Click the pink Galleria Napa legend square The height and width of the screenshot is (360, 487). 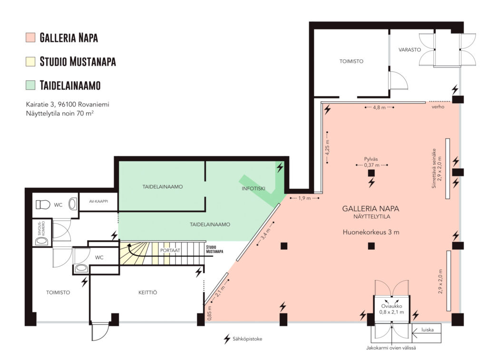tap(30, 37)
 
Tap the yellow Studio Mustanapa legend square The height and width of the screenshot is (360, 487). tap(30, 61)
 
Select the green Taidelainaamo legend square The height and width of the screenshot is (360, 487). tap(30, 85)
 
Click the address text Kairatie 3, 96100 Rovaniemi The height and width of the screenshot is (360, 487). tap(68, 104)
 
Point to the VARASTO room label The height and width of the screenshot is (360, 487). tap(409, 50)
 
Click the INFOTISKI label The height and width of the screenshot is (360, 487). tap(253, 188)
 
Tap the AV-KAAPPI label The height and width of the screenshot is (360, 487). tap(98, 201)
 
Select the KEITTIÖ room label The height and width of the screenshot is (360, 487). tap(147, 292)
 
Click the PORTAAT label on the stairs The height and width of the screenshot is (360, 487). tap(170, 250)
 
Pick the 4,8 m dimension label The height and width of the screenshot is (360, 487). tap(379, 107)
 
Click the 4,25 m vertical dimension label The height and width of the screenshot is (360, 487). tap(327, 147)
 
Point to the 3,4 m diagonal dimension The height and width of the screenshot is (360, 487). tap(266, 234)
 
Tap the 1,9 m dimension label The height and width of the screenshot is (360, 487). tap(304, 198)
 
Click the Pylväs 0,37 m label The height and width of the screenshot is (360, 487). tap(371, 162)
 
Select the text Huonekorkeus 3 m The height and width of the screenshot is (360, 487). tap(371, 232)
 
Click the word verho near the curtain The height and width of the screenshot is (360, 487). tap(438, 107)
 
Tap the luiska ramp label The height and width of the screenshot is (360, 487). tap(428, 330)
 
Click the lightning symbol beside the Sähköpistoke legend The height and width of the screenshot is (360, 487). tap(227, 339)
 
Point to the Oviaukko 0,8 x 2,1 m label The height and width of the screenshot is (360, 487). tap(391, 309)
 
